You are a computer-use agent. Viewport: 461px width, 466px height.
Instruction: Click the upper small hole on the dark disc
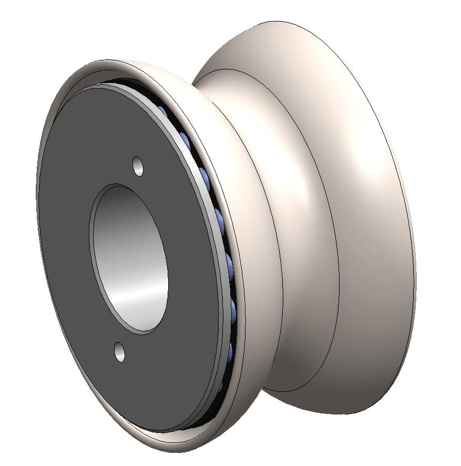coord(138,166)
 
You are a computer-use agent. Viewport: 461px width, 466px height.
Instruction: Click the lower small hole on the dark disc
coord(120,351)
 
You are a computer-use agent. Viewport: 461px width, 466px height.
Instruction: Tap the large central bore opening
coord(130,257)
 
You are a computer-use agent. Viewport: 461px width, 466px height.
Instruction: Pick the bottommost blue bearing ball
coord(221,386)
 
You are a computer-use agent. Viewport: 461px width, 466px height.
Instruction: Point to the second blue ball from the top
coord(185,139)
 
